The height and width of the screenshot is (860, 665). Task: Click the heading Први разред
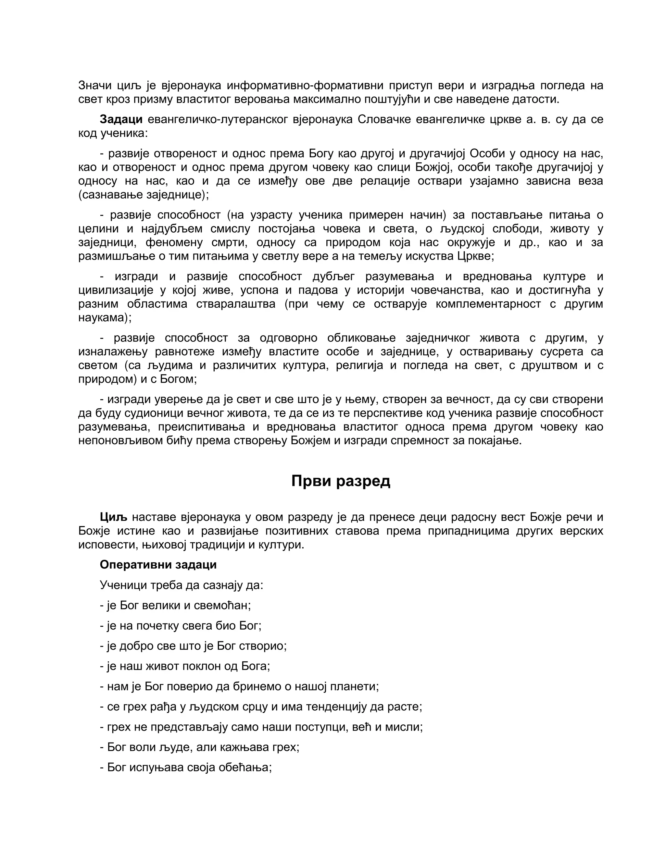(341, 481)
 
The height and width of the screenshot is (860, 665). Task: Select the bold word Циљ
(113, 517)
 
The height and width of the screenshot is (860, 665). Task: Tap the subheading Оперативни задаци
(158, 565)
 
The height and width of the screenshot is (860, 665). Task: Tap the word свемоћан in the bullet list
(225, 605)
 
